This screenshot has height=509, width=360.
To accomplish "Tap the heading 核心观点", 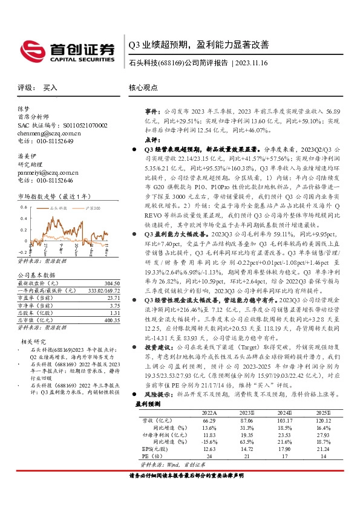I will point(142,88).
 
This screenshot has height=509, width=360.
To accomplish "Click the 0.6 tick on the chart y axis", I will point(23,207).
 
